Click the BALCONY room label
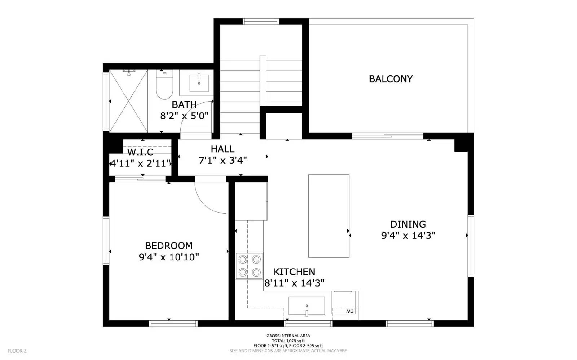point(391,79)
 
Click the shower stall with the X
point(128,101)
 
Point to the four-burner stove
point(249,266)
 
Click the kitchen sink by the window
point(307,306)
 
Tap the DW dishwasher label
point(349,311)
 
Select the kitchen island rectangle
point(329,216)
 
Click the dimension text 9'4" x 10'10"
point(169,257)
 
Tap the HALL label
point(223,149)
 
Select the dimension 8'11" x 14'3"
point(294,283)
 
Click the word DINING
point(408,224)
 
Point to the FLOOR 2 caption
point(17,351)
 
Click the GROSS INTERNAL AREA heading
point(288,336)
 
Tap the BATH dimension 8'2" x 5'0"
point(184,116)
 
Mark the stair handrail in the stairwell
point(263,81)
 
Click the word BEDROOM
point(168,246)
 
